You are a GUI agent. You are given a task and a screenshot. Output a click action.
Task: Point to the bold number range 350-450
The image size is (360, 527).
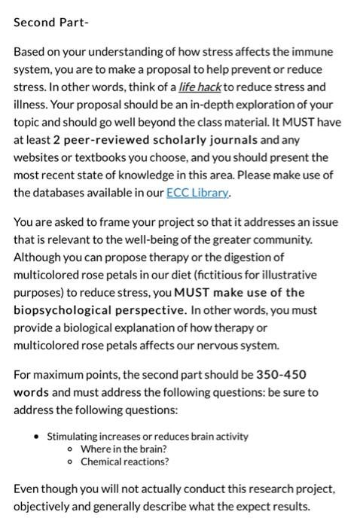tap(281, 374)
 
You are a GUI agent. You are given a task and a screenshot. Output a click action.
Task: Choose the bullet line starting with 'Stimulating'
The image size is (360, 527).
tap(148, 437)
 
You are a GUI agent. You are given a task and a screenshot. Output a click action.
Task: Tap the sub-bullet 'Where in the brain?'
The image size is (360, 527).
tap(124, 449)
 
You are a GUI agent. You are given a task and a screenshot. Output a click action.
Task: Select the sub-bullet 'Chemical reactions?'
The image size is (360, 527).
tap(125, 461)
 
